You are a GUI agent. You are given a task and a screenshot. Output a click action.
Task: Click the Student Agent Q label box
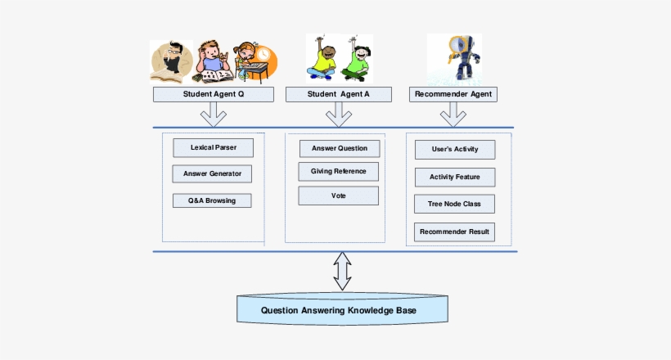coord(213,94)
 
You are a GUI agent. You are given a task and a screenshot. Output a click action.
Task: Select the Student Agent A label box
coord(338,94)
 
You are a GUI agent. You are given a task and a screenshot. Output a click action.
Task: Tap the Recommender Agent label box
coord(453,94)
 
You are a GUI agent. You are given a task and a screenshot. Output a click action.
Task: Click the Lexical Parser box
coord(213,147)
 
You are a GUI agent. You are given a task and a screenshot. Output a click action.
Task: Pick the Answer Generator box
coord(212,173)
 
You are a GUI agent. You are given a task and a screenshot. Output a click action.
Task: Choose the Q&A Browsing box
coord(212,200)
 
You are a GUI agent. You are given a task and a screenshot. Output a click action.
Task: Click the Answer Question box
coord(339,148)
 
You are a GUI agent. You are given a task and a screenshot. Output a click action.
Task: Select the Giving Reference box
coord(338,171)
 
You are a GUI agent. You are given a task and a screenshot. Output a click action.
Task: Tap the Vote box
coord(338,196)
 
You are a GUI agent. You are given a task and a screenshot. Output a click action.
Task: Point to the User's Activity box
coord(453,150)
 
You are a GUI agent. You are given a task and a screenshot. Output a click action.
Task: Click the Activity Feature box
coord(453,177)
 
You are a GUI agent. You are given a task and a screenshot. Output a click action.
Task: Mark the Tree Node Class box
coord(453,204)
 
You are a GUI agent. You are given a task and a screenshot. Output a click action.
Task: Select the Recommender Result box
coord(453,232)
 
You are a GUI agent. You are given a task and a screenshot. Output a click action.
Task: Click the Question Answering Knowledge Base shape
coord(343,310)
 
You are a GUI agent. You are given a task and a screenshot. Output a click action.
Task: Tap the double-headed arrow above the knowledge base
coord(342,272)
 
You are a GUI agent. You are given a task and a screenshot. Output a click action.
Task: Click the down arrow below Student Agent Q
coord(213,115)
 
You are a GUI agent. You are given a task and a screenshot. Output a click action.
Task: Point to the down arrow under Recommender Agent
coord(453,115)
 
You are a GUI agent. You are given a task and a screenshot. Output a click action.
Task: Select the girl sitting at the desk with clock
coord(254,64)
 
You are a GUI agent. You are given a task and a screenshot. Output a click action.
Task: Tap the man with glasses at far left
coord(171,62)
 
